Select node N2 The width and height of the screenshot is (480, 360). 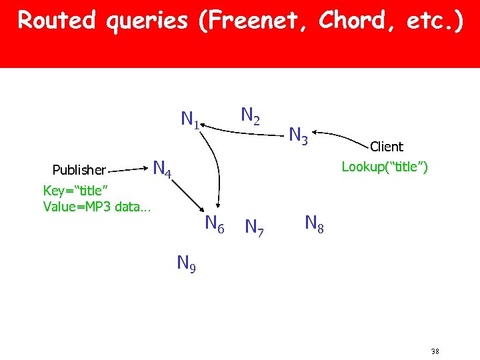tap(250, 117)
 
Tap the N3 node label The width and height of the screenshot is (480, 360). tap(298, 137)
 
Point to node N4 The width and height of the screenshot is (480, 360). tap(163, 168)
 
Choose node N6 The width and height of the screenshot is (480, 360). tap(214, 224)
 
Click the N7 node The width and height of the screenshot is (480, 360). tap(254, 228)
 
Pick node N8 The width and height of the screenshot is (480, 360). tap(314, 223)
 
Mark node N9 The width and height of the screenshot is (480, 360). tap(186, 264)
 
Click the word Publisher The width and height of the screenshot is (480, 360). tap(79, 170)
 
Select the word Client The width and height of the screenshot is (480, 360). tap(387, 147)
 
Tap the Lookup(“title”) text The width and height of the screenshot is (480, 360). tap(385, 167)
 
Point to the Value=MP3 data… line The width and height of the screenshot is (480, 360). tap(97, 207)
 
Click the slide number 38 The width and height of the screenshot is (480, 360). tap(435, 351)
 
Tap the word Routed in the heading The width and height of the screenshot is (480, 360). tap(56, 21)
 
